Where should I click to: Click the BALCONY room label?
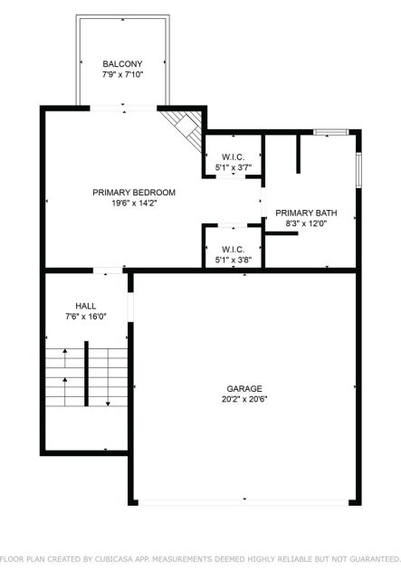coord(122,64)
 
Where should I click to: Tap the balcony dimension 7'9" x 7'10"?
coord(122,74)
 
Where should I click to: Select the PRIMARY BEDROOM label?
coord(134,193)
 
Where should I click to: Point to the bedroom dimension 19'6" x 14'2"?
coord(134,203)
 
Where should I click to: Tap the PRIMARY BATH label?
coord(306,214)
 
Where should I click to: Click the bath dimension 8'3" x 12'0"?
coord(306,223)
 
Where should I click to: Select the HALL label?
coord(86,306)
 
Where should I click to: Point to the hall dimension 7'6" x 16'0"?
coord(86,317)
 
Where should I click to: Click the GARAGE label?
coord(244,389)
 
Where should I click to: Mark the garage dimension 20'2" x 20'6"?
coord(244,399)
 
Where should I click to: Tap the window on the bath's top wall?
coord(330,132)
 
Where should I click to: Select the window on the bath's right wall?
coord(358,170)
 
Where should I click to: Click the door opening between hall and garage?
coord(130,308)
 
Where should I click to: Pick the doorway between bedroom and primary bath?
coord(263,202)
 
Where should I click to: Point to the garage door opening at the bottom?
coord(243,503)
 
